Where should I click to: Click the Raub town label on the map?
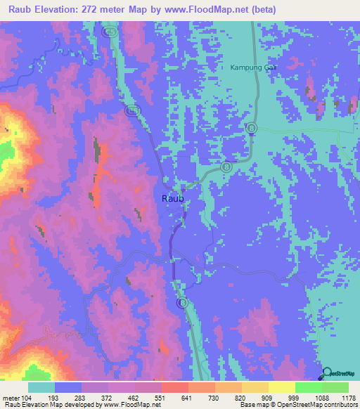tap(173, 199)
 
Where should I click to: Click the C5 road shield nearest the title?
tap(108, 32)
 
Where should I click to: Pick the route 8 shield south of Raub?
tap(182, 302)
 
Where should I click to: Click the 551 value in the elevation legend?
tap(161, 398)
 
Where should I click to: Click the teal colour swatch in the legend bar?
tap(41, 387)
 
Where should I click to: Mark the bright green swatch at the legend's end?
tap(335, 387)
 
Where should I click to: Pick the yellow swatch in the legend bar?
tap(282, 387)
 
